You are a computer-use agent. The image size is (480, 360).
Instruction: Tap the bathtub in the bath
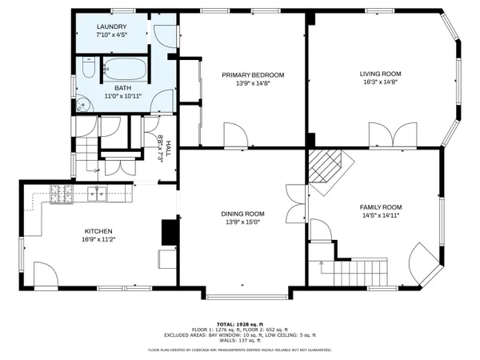click(128, 70)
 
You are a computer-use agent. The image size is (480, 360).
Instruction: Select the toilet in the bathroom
click(87, 70)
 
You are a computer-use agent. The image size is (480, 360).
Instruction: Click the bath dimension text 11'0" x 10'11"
click(120, 96)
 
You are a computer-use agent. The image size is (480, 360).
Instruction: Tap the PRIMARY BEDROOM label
click(253, 74)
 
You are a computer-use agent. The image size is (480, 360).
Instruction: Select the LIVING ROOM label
click(379, 74)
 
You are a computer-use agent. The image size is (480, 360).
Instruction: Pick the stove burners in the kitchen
click(62, 192)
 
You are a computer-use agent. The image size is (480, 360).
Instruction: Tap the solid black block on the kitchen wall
click(169, 232)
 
